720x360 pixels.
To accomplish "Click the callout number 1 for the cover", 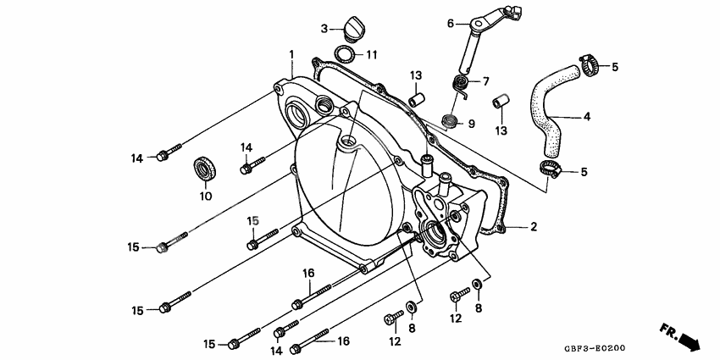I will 291,54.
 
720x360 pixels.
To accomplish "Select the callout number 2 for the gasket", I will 534,226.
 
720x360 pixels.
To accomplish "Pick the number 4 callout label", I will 586,116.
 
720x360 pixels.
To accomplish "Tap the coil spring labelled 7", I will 460,85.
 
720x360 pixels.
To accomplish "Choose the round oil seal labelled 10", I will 203,169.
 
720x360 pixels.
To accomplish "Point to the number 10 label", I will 204,197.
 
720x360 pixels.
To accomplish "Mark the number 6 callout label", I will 451,23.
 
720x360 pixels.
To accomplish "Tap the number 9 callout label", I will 471,124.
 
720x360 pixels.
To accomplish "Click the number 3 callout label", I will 324,29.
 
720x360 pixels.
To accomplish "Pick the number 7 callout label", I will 485,81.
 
